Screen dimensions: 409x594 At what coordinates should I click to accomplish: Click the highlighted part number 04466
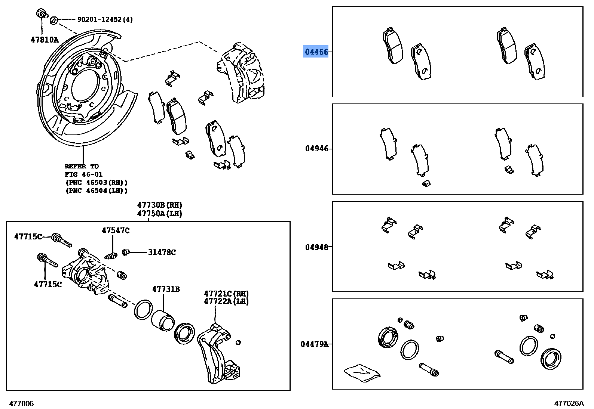tap(316, 52)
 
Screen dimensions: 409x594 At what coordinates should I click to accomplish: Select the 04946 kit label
tap(316, 149)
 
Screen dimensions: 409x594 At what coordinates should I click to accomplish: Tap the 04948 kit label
tap(316, 247)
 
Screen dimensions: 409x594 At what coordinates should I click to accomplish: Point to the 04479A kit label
tap(314, 344)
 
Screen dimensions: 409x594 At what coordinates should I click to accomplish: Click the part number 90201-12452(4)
tap(105, 19)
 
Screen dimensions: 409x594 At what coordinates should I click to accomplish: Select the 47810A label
tap(45, 39)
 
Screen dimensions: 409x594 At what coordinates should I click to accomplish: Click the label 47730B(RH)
tap(159, 205)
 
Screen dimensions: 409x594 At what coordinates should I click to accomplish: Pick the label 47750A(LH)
tap(159, 214)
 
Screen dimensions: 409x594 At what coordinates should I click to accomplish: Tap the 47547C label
tap(116, 230)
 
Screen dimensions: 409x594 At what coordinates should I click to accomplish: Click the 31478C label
tap(162, 252)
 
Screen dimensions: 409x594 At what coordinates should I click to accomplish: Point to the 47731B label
tap(166, 289)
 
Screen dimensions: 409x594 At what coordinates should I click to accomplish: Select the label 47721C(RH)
tap(226, 294)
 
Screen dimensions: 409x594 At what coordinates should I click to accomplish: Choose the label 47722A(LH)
tap(226, 301)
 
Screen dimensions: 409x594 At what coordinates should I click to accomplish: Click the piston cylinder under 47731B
tap(163, 320)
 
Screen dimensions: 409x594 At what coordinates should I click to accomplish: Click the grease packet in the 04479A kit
tap(362, 373)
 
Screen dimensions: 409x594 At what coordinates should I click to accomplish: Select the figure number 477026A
tap(569, 403)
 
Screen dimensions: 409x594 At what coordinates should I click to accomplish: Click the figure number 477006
tap(21, 403)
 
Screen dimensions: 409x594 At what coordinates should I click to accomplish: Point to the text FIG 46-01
tap(83, 174)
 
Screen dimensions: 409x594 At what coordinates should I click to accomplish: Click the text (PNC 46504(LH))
tap(97, 190)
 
